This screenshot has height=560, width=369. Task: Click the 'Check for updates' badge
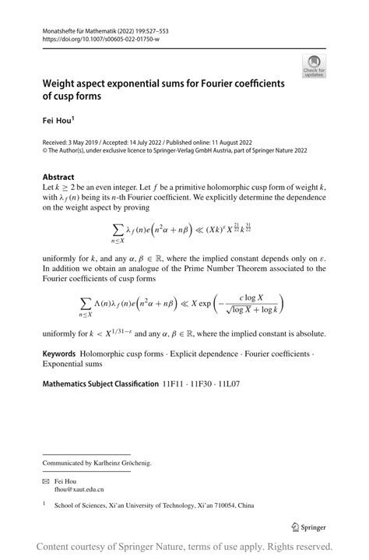click(314, 66)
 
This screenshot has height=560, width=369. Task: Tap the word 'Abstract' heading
click(58, 177)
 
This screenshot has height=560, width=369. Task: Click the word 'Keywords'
click(59, 354)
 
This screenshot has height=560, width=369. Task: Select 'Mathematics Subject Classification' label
click(100, 384)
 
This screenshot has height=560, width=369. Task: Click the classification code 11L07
click(229, 384)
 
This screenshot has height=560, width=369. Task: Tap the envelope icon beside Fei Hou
click(46, 482)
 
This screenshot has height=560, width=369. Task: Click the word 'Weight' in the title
click(63, 83)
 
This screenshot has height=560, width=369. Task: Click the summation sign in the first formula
click(118, 227)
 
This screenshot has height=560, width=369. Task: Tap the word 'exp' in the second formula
click(209, 303)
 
